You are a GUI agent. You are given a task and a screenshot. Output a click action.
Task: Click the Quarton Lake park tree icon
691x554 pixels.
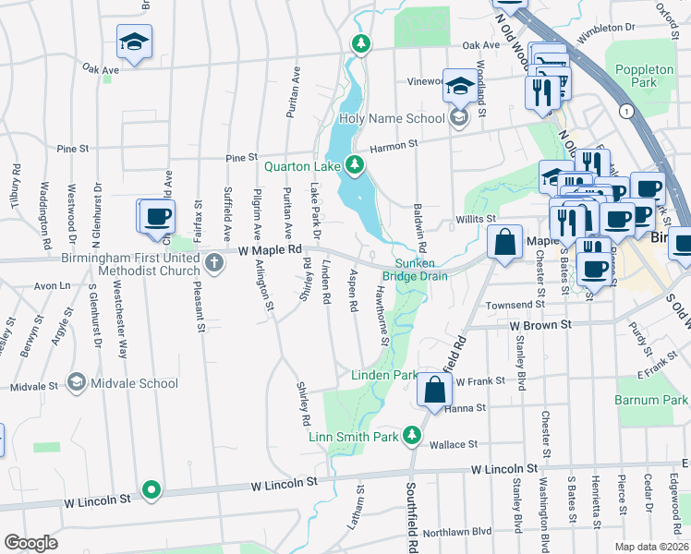click(x=353, y=166)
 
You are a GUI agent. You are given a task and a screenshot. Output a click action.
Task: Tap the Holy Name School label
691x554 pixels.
click(x=392, y=118)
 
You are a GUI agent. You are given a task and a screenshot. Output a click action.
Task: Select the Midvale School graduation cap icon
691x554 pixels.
click(x=77, y=383)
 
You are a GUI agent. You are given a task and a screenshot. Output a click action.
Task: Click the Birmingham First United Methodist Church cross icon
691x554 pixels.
click(x=213, y=263)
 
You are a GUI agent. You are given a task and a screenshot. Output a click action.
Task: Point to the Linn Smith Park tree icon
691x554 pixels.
click(x=415, y=436)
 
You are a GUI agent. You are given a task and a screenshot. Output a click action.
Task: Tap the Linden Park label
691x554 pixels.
click(x=385, y=375)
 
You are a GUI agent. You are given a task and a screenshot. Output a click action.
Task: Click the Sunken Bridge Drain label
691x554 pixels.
click(x=416, y=270)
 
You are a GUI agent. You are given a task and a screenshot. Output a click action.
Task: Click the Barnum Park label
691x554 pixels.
click(x=651, y=400)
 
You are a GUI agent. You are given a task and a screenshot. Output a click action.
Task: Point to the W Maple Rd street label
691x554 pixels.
click(x=270, y=250)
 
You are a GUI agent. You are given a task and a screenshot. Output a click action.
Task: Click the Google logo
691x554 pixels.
click(x=30, y=543)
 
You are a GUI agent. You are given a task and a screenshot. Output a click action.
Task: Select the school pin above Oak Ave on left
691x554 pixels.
click(x=135, y=42)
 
